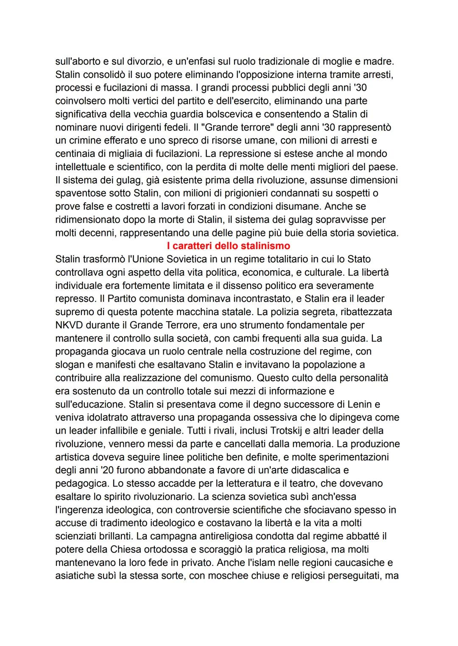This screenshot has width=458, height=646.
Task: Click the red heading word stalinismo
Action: pos(265,246)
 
